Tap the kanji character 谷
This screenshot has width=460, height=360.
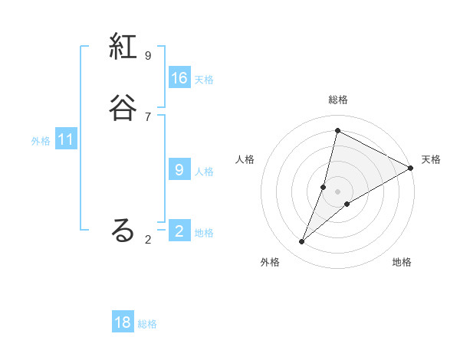123,108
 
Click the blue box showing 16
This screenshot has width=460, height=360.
179,77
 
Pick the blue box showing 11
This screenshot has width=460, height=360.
65,140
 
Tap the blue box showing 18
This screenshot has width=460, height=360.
123,322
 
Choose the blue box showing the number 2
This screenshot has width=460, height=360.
179,231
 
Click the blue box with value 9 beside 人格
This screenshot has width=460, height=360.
179,170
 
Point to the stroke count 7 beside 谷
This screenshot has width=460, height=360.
148,116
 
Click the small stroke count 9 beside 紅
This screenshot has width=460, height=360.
148,56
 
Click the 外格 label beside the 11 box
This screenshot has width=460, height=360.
41,141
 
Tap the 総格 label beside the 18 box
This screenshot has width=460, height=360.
147,324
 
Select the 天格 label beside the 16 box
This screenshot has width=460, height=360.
204,79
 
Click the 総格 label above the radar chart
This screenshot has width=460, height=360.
338,100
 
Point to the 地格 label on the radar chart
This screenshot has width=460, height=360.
402,263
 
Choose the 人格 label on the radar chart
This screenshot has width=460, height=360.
245,159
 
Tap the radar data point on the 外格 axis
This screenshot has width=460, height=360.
301,242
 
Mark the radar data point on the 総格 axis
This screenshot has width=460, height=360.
337,131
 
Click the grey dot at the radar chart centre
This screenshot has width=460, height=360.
337,191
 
